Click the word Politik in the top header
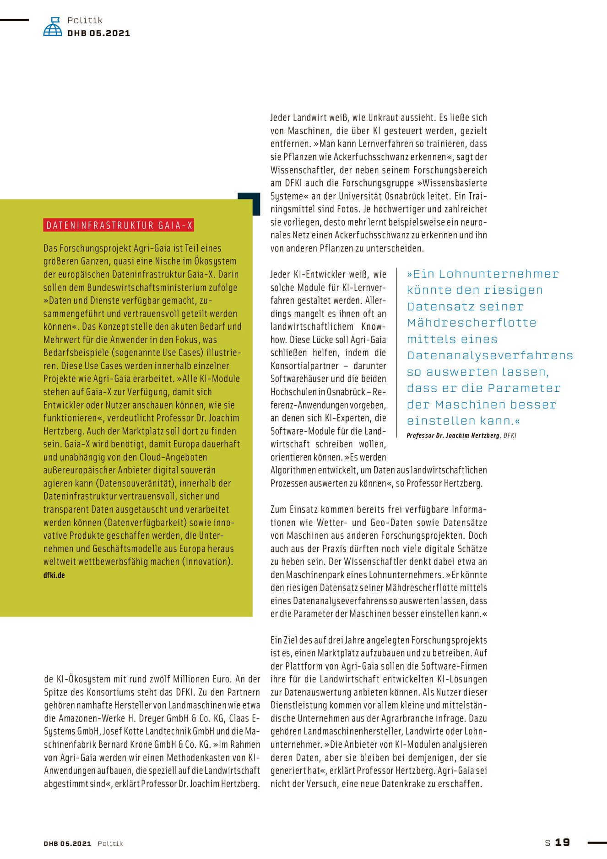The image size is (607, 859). (85, 20)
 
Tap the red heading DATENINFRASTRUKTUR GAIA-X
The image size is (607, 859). (119, 225)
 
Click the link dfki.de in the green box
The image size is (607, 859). (54, 575)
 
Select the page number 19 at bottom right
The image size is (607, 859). (563, 842)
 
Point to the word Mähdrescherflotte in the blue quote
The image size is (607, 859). (472, 323)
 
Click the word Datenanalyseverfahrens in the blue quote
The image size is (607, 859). (490, 356)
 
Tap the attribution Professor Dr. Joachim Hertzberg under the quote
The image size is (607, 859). (453, 435)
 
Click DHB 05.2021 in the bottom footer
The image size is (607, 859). (67, 843)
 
